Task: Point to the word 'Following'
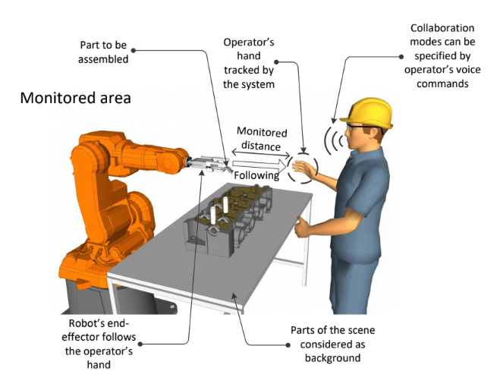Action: [256, 175]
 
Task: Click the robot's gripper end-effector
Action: [206, 162]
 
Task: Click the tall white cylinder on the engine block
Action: [225, 206]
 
